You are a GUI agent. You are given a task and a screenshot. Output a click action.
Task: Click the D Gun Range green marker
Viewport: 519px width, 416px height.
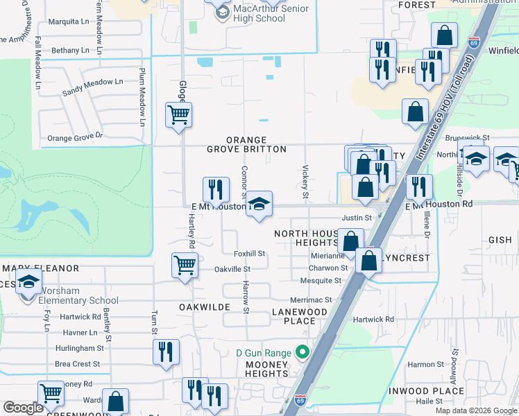(302, 353)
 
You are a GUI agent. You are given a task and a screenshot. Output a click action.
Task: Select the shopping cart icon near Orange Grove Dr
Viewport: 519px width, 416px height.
(179, 114)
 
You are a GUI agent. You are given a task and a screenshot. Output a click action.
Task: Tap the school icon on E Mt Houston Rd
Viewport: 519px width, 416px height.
(259, 204)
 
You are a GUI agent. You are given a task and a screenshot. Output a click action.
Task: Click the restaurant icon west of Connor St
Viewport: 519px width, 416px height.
(216, 189)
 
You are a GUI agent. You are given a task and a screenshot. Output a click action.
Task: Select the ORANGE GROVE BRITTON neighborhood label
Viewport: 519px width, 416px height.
(246, 144)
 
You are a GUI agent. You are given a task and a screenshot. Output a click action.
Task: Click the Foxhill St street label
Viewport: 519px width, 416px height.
(250, 254)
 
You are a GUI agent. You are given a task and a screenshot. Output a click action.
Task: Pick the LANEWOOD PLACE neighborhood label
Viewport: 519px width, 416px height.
(299, 316)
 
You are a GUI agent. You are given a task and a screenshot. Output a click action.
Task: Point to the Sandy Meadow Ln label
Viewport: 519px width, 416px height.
(92, 87)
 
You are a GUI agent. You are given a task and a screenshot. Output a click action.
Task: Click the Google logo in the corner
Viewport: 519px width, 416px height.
(23, 408)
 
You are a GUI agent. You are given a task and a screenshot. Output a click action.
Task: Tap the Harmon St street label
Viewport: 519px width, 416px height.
(425, 364)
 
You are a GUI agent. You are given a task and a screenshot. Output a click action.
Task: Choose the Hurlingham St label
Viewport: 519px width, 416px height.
(79, 349)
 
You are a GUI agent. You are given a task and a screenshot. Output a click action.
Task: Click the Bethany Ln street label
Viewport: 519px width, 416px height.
(70, 51)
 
